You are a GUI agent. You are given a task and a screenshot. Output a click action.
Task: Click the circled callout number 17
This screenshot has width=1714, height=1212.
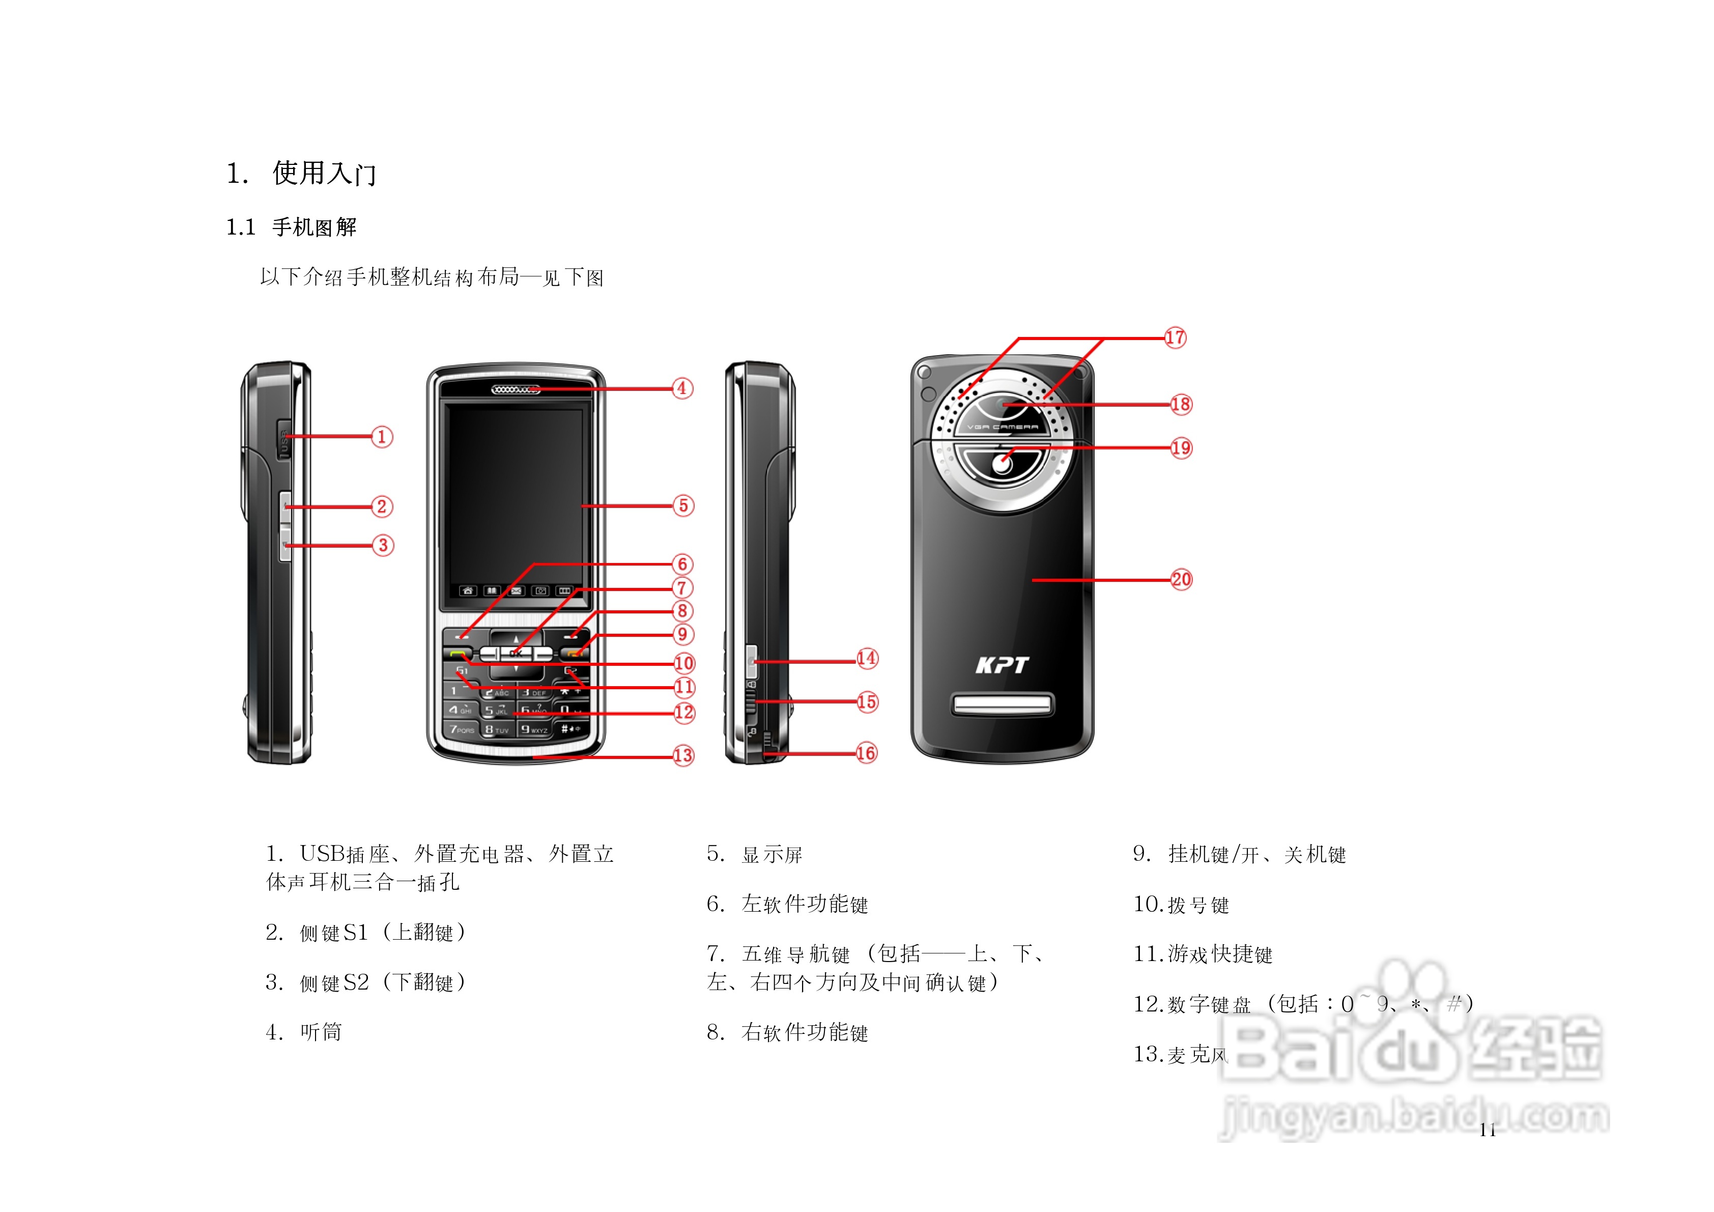pyautogui.click(x=1175, y=337)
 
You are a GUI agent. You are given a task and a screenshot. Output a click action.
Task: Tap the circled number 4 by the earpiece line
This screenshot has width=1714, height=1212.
pyautogui.click(x=682, y=388)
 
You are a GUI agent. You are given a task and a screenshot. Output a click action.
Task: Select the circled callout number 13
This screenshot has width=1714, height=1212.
pyautogui.click(x=683, y=756)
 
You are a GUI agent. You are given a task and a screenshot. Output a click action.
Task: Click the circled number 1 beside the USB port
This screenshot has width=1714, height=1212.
pyautogui.click(x=382, y=437)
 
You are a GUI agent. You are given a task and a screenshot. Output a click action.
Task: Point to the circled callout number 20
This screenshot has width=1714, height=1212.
pyautogui.click(x=1181, y=579)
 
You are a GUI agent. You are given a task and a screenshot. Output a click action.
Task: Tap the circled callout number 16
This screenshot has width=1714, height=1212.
pyautogui.click(x=866, y=753)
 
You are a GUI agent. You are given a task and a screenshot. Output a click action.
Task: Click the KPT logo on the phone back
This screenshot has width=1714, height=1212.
pyautogui.click(x=1002, y=665)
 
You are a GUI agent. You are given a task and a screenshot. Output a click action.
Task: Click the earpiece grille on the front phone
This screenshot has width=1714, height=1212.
pyautogui.click(x=515, y=390)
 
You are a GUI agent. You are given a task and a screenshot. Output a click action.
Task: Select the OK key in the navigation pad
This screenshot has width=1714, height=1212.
pyautogui.click(x=516, y=654)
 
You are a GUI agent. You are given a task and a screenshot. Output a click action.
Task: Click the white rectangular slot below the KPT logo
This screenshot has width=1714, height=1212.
pyautogui.click(x=1002, y=704)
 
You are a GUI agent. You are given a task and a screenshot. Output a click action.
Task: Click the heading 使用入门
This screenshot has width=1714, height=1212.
pyautogui.click(x=324, y=173)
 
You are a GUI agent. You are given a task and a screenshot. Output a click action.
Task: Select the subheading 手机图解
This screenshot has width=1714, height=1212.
pyautogui.click(x=315, y=227)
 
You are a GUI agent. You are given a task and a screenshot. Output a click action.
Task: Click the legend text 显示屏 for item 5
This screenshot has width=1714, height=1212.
pyautogui.click(x=772, y=854)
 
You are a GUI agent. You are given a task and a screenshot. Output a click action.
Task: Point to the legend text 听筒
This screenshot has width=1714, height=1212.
pyautogui.click(x=321, y=1032)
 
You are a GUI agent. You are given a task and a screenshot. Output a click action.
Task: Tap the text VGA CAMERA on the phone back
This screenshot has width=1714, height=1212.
pyautogui.click(x=1002, y=427)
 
